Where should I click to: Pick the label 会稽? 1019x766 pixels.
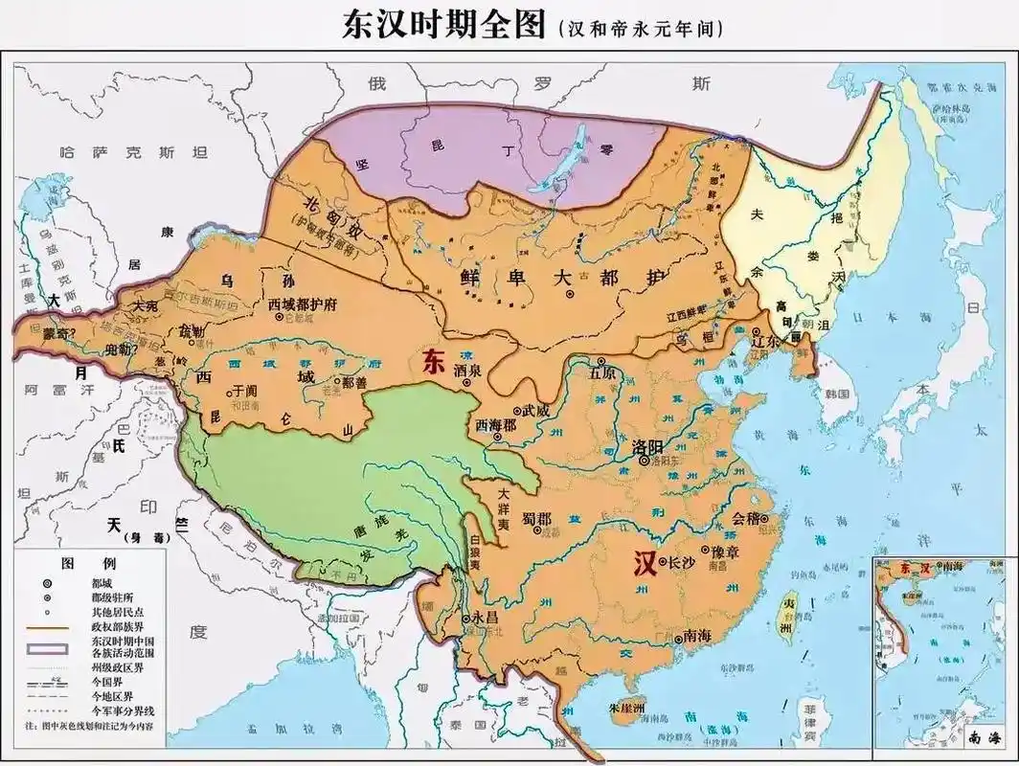(x=748, y=518)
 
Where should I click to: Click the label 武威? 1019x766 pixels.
(x=535, y=409)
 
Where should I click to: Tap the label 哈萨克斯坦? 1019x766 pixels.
(x=133, y=151)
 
